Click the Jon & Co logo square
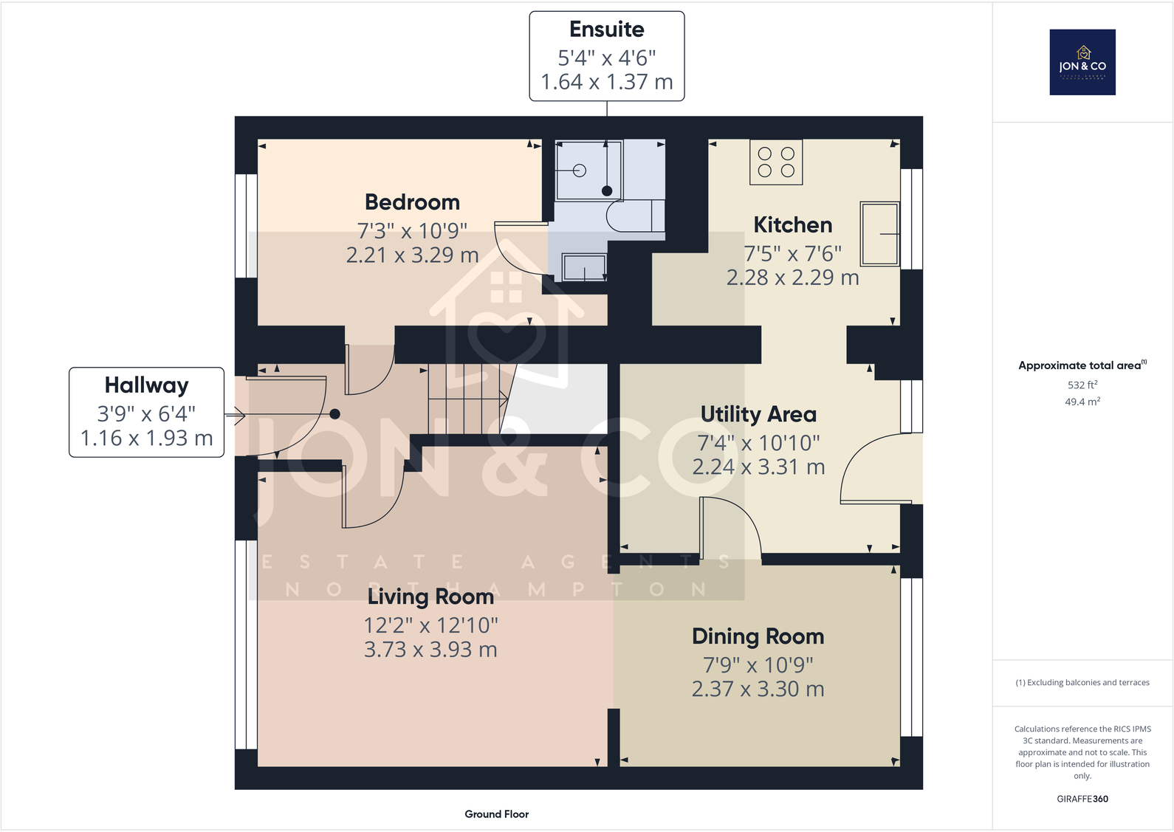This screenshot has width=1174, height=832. coord(1082,62)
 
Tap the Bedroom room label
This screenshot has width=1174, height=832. coord(413,202)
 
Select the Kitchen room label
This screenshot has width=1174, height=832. coord(793,224)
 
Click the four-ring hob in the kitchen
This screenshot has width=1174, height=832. coord(776,162)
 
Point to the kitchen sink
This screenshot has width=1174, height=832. coord(880,234)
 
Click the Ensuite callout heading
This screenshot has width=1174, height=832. coord(607,30)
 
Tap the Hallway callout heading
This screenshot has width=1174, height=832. coord(147,385)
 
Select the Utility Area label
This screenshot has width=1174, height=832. coord(758,414)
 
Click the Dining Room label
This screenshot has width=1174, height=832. coord(758,636)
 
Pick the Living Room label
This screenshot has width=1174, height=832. coord(430,597)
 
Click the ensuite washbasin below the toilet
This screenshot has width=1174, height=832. coord(584,267)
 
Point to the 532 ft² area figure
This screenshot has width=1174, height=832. coord(1082,385)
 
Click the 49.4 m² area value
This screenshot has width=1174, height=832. coord(1082,402)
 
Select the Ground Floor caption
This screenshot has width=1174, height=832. coord(497,814)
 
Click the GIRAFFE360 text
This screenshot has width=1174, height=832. coord(1082,799)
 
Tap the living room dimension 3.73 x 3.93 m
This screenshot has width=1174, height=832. coord(430,650)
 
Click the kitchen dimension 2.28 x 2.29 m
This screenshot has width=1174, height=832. coord(792,277)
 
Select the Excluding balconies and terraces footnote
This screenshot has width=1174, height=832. coord(1082,682)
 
